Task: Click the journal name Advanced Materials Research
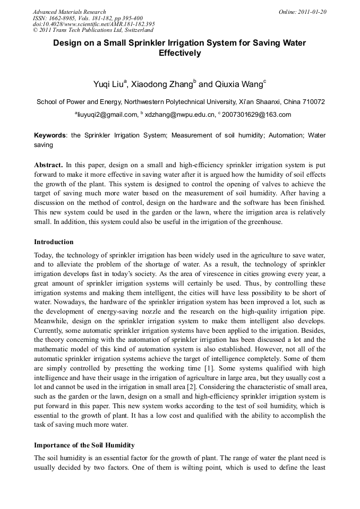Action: [x=69, y=12]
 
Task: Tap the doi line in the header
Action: [x=94, y=24]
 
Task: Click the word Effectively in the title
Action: [x=179, y=53]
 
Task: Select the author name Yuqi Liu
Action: [x=108, y=84]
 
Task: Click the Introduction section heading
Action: [x=54, y=242]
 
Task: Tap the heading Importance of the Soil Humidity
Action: [x=84, y=445]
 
